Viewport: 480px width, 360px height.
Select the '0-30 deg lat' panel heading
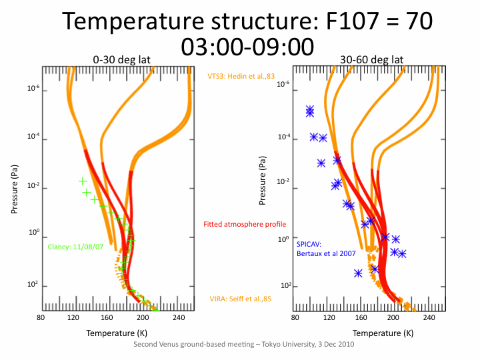(x=121, y=59)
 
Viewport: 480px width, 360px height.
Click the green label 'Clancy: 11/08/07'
(x=75, y=247)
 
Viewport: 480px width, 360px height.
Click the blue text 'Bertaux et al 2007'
(x=327, y=253)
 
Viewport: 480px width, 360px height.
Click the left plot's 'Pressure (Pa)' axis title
(x=15, y=189)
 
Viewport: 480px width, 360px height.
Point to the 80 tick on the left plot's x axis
(x=41, y=317)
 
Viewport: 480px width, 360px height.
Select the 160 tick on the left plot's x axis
(x=106, y=317)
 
